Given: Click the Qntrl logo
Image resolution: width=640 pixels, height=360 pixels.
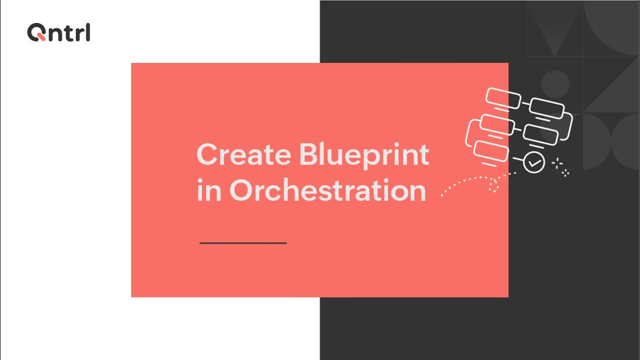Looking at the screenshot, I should pyautogui.click(x=58, y=33).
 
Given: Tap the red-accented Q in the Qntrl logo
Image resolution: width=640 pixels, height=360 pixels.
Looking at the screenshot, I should pyautogui.click(x=36, y=33).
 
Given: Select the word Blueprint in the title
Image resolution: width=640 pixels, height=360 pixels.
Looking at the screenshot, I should pyautogui.click(x=364, y=155).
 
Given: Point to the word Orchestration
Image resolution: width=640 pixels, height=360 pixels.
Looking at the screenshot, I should pyautogui.click(x=327, y=190).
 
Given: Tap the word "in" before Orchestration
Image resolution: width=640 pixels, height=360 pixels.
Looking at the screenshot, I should pyautogui.click(x=208, y=190).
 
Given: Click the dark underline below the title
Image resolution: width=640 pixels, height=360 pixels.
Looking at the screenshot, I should pyautogui.click(x=243, y=243).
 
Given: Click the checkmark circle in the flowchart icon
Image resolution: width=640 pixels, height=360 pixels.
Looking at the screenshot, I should pyautogui.click(x=534, y=163).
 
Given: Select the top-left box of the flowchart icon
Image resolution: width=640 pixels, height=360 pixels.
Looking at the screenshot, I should pyautogui.click(x=503, y=98).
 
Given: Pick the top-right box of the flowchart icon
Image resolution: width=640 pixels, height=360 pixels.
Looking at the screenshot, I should pyautogui.click(x=547, y=108).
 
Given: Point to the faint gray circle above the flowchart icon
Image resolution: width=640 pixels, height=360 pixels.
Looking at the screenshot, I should pyautogui.click(x=555, y=82).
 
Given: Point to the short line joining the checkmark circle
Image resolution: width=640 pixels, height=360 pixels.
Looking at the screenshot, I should pyautogui.click(x=518, y=159).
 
